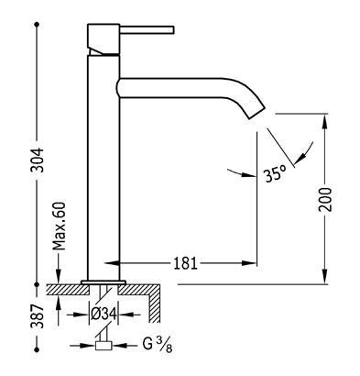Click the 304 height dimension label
(38, 160)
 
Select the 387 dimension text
(38, 315)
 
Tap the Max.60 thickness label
(59, 226)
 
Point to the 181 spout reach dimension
(185, 263)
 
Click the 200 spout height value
(325, 199)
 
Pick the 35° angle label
(276, 174)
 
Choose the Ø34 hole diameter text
(104, 314)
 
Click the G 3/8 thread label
(157, 345)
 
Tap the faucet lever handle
(147, 29)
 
